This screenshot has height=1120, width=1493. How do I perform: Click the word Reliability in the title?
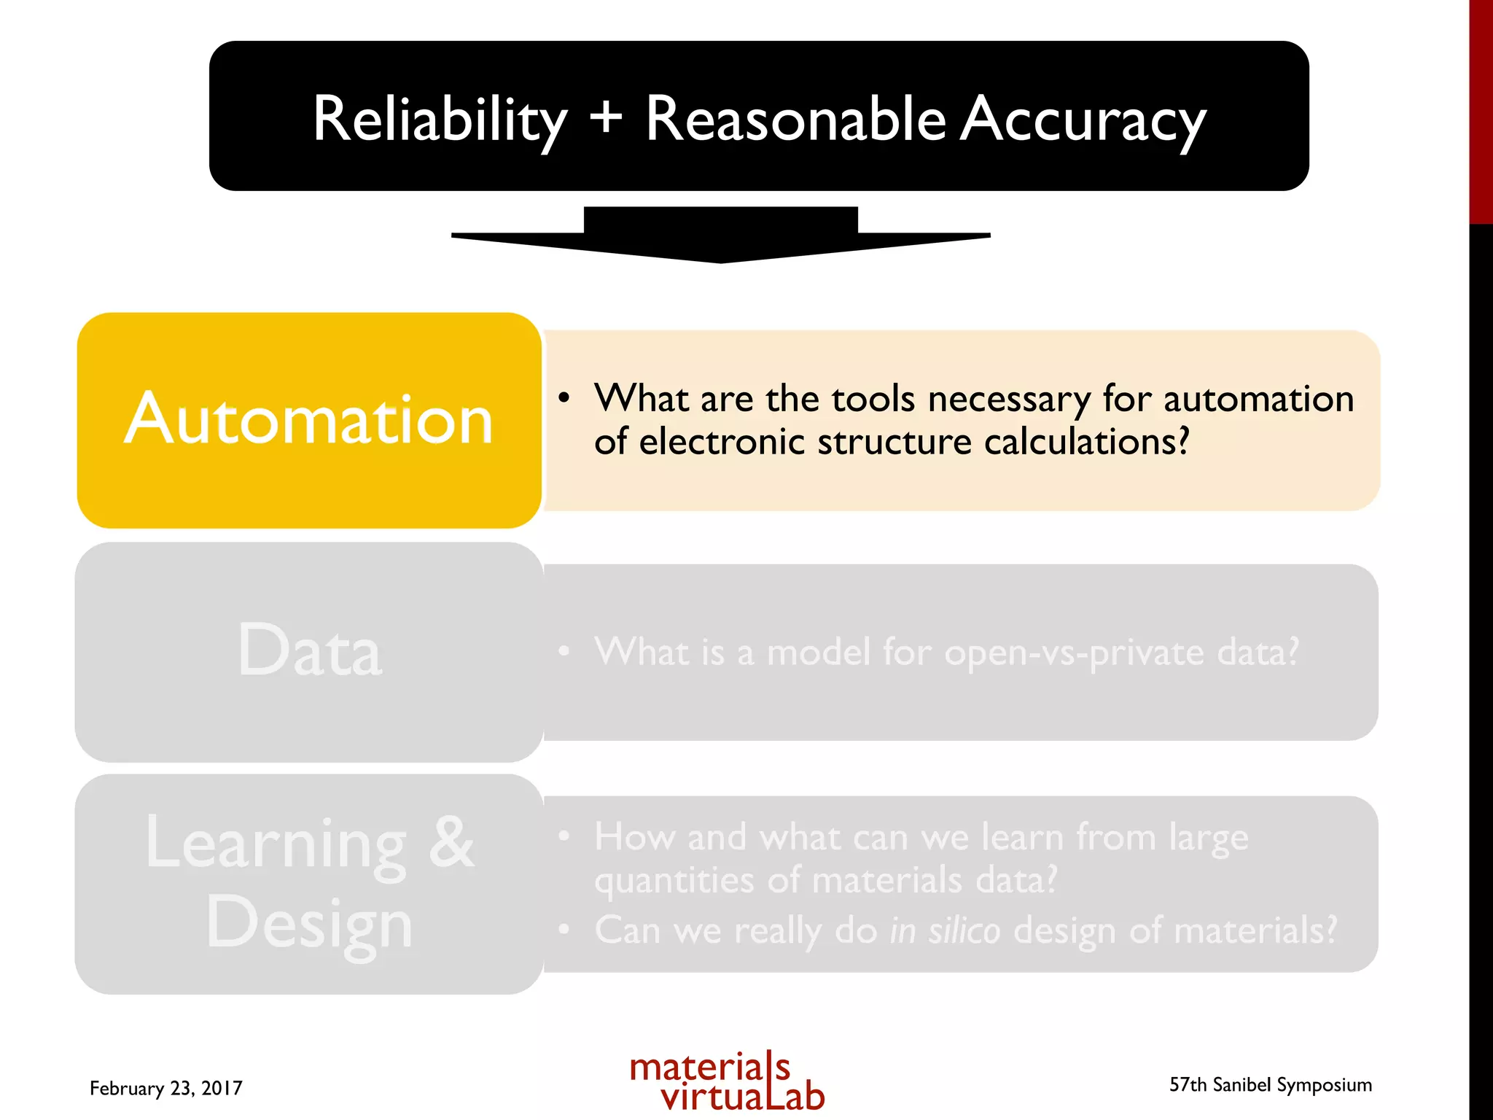[x=440, y=120]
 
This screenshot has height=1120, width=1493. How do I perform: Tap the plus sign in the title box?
[x=606, y=117]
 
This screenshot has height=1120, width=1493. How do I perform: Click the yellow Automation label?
[x=309, y=420]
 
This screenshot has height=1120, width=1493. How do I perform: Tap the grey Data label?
[x=309, y=650]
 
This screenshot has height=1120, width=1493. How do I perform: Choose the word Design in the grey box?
[x=309, y=922]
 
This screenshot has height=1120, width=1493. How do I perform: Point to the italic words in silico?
[x=945, y=931]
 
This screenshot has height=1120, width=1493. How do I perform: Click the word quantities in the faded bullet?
[x=674, y=881]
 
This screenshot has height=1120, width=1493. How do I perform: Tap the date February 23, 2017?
[x=166, y=1088]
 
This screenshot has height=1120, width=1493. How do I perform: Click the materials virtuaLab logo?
[x=727, y=1082]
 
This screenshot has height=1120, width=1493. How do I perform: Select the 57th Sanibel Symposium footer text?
[x=1270, y=1085]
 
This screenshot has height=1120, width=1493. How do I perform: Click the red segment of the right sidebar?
[x=1481, y=109]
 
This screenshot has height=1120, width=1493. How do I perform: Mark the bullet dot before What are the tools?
[x=564, y=398]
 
